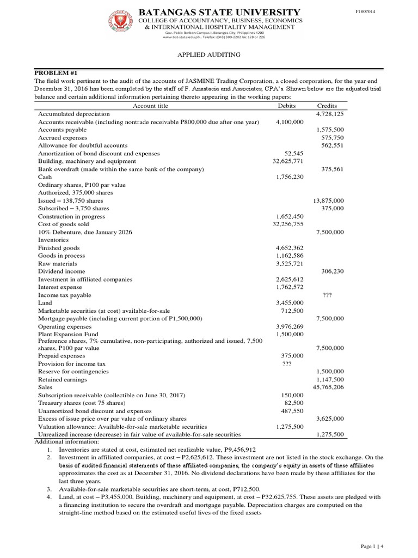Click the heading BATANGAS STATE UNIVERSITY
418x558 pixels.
tap(220, 12)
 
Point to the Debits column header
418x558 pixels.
tap(286, 106)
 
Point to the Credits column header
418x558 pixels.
tap(327, 106)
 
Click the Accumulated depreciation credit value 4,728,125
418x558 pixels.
tap(330, 114)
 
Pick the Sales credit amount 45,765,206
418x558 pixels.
tap(328, 387)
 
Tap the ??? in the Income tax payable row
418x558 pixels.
tap(327, 295)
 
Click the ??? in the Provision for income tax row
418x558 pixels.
tap(288, 363)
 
